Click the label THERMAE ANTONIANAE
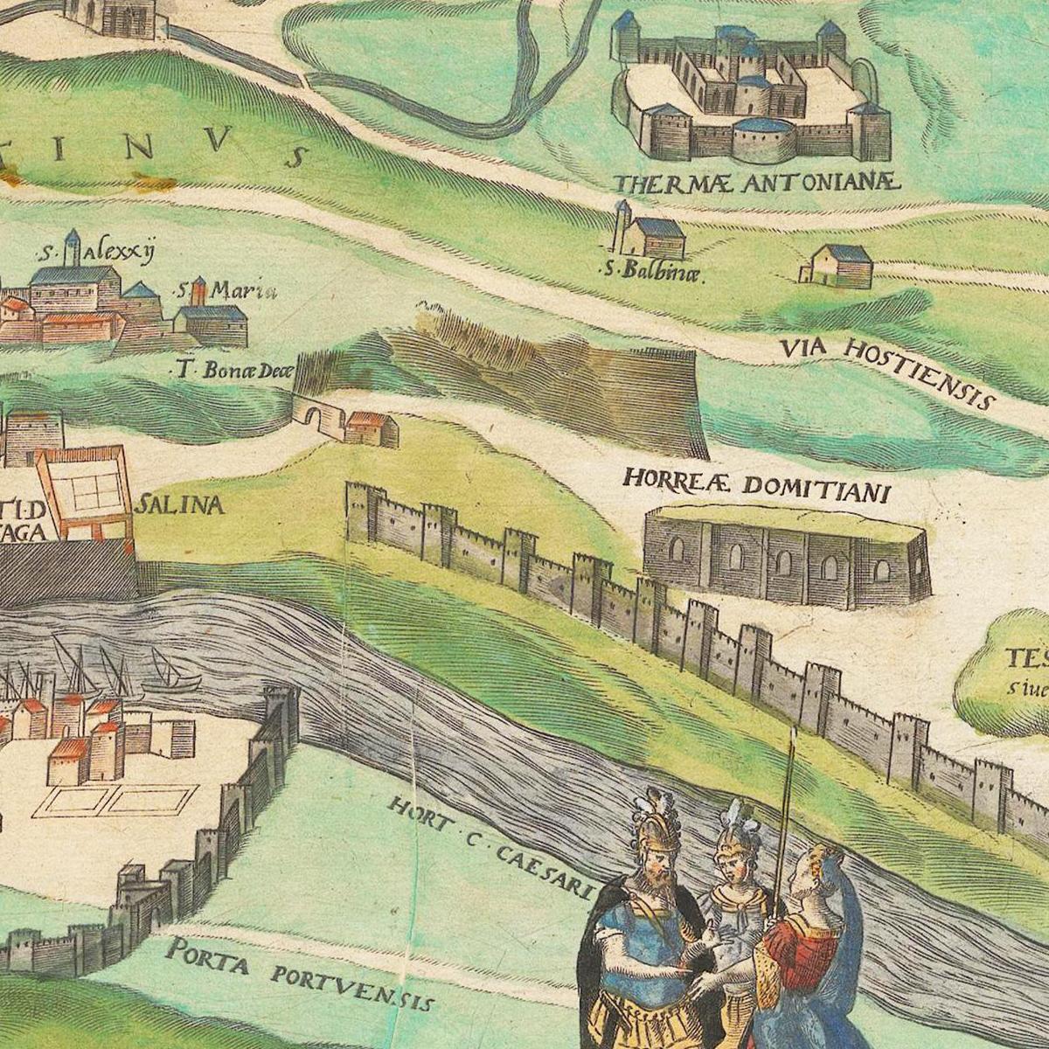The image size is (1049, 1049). pyautogui.click(x=755, y=183)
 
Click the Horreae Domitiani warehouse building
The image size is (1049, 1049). pyautogui.click(x=785, y=558)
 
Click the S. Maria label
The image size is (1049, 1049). pyautogui.click(x=227, y=289)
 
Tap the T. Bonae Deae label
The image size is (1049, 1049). pyautogui.click(x=231, y=371)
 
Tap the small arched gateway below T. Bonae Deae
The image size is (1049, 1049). pyautogui.click(x=315, y=415)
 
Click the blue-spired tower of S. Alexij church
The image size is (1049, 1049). pyautogui.click(x=73, y=247)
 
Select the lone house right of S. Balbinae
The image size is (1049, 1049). pyautogui.click(x=839, y=266)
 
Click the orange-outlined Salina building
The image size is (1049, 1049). pyautogui.click(x=86, y=494)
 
